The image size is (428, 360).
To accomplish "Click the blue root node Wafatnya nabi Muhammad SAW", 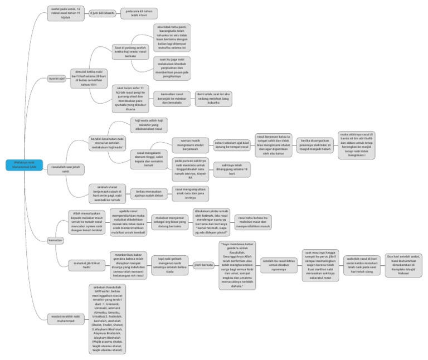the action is (x=25, y=164).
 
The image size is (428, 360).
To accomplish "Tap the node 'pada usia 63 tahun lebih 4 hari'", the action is (x=139, y=13).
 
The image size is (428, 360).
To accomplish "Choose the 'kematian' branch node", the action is (x=56, y=240).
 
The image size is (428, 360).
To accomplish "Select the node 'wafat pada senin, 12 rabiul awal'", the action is (x=66, y=13).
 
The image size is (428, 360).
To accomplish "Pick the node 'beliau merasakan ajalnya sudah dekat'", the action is (x=148, y=193).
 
